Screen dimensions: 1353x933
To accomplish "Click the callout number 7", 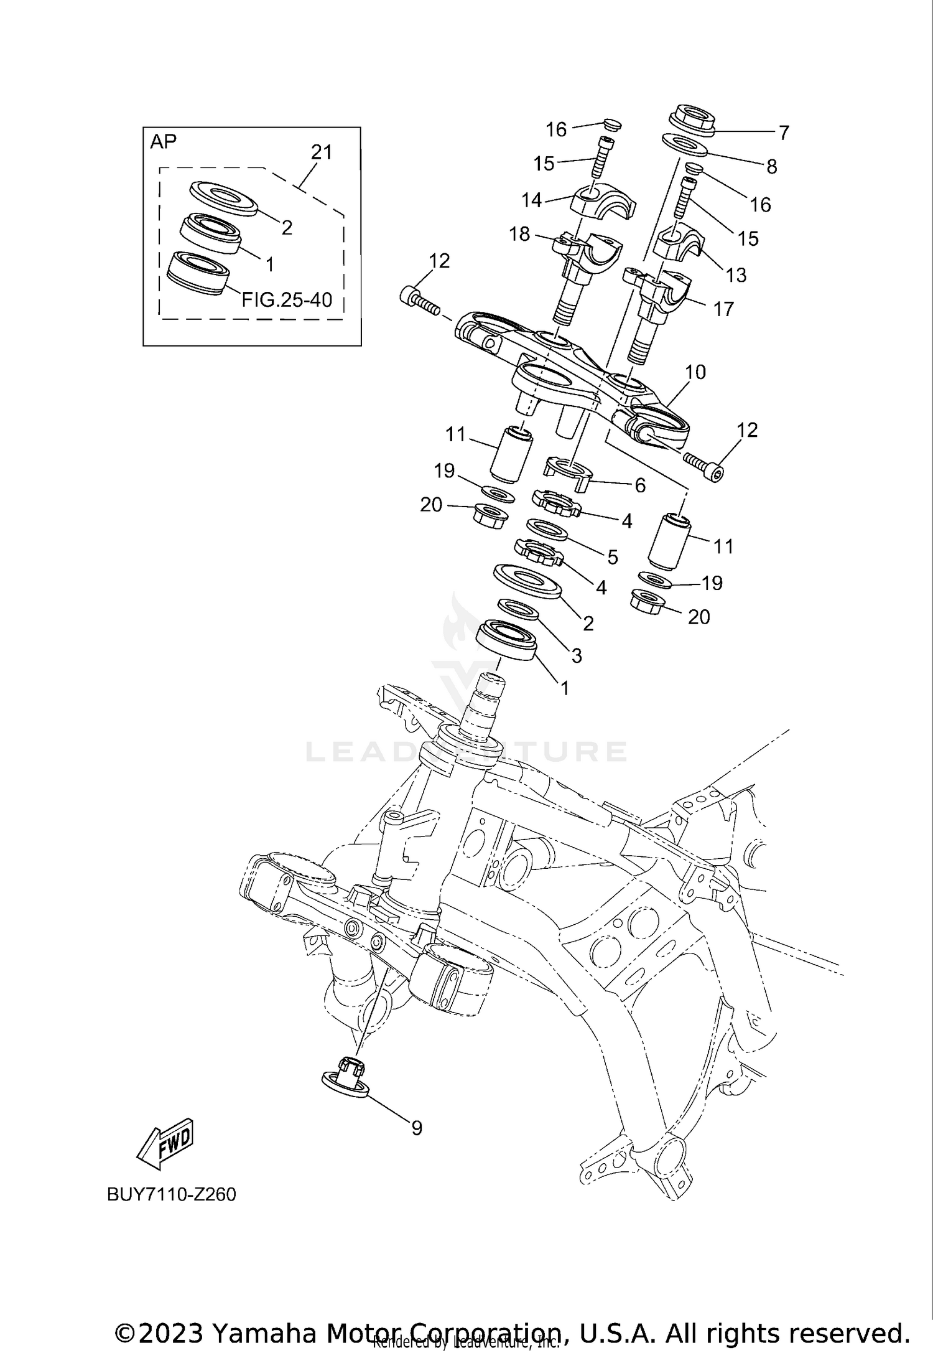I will tap(784, 133).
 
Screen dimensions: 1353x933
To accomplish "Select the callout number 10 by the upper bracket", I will tap(695, 372).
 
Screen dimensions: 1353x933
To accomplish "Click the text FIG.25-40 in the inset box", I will tap(287, 300).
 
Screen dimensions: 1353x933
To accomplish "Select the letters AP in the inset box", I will tap(163, 142).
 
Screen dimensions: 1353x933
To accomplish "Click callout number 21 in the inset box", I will tap(322, 152).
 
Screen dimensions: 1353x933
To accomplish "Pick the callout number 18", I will tap(519, 234).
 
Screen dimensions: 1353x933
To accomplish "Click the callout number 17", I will tap(723, 309).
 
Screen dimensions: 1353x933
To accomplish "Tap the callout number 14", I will tap(532, 200).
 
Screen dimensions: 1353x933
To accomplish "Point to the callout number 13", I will tap(736, 275).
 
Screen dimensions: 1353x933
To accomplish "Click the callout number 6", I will tap(640, 485).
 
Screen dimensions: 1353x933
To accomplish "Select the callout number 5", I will tap(613, 557).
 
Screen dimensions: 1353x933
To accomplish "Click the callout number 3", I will tap(577, 655).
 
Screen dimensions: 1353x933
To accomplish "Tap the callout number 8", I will tap(771, 166).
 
